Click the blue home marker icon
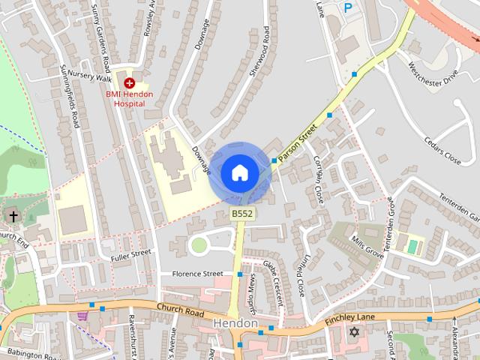pos(239,173)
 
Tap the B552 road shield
pos(241,214)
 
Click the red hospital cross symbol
pos(129,82)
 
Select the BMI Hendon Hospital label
pos(129,99)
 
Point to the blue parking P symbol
pos(347,8)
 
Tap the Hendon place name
pos(235,323)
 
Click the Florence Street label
pos(197,274)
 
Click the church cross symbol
pos(13,216)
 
